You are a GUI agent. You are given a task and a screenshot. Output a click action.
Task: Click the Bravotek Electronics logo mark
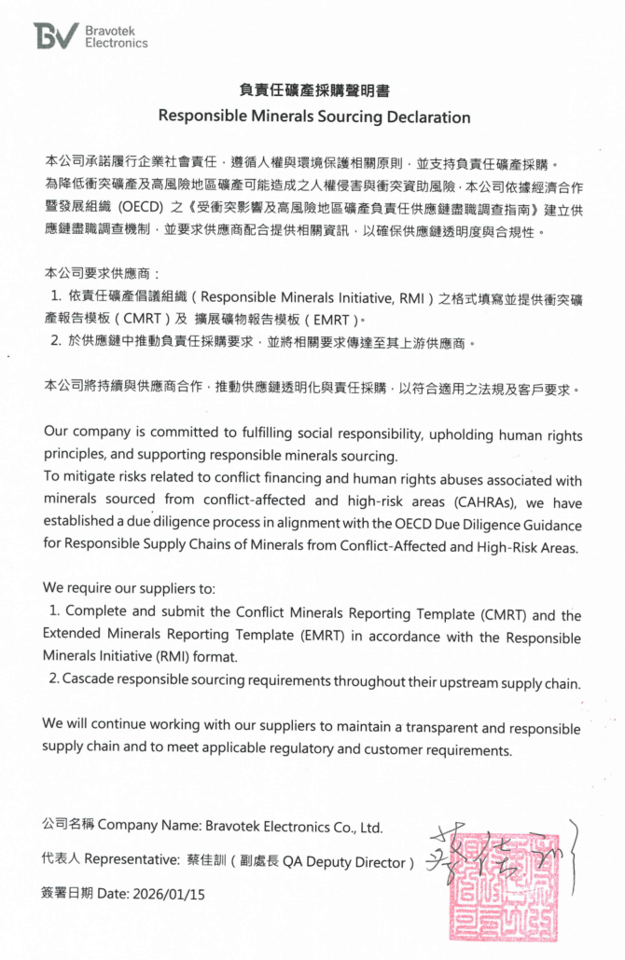click(x=56, y=34)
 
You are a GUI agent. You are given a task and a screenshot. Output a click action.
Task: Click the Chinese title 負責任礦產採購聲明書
click(x=313, y=90)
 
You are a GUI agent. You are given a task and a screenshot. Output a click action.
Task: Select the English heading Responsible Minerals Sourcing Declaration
click(x=313, y=117)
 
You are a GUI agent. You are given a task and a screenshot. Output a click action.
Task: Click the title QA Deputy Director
click(x=354, y=862)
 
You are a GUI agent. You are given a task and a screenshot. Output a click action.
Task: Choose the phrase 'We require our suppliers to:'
click(x=129, y=588)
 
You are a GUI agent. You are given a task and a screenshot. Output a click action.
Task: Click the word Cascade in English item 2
click(x=89, y=682)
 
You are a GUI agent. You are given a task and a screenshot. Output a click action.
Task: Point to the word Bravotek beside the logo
click(x=109, y=30)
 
